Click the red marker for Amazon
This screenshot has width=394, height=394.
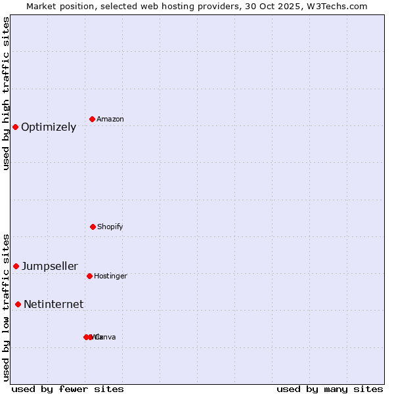(x=92, y=119)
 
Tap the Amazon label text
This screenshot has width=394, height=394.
(x=110, y=120)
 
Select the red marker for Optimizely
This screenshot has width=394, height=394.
(x=15, y=127)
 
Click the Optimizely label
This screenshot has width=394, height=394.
(x=49, y=127)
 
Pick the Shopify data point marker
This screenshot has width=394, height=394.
(x=93, y=227)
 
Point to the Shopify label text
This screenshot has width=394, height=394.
(x=110, y=227)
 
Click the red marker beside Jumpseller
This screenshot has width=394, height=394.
(x=16, y=266)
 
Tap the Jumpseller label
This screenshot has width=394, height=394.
(x=50, y=267)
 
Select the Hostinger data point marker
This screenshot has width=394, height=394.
(x=89, y=276)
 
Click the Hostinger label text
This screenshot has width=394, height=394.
(x=110, y=276)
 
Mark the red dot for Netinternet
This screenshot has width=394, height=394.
(x=18, y=304)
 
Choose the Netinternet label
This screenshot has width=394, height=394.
(x=53, y=305)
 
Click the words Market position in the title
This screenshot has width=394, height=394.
(x=57, y=7)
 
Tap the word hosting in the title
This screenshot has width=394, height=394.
(x=171, y=7)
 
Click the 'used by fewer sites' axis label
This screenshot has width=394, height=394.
(x=68, y=389)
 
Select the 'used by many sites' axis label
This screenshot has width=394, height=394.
(x=330, y=389)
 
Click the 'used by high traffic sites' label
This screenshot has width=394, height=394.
(x=7, y=93)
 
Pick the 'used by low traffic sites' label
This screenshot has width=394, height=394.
(x=7, y=307)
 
